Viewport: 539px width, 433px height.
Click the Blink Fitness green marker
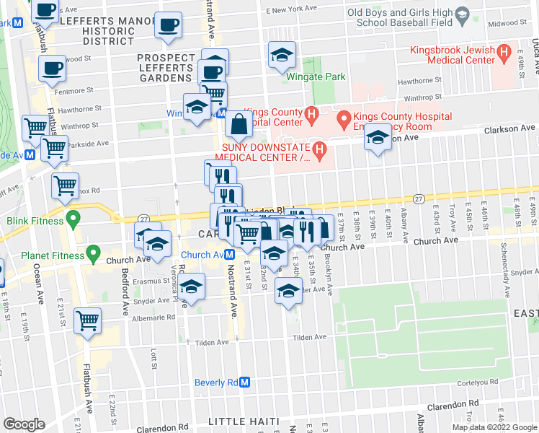72,217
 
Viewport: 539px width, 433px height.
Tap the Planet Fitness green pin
92,253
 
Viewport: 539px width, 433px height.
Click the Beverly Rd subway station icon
244,382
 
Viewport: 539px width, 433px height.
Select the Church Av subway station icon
228,254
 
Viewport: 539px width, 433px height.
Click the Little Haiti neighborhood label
248,421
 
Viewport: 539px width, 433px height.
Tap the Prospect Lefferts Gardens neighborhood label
166,65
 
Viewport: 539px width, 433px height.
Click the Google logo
24,424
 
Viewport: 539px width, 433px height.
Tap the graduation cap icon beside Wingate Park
282,54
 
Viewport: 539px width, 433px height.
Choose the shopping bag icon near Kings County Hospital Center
239,125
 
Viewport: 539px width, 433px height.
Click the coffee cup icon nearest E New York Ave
169,25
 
